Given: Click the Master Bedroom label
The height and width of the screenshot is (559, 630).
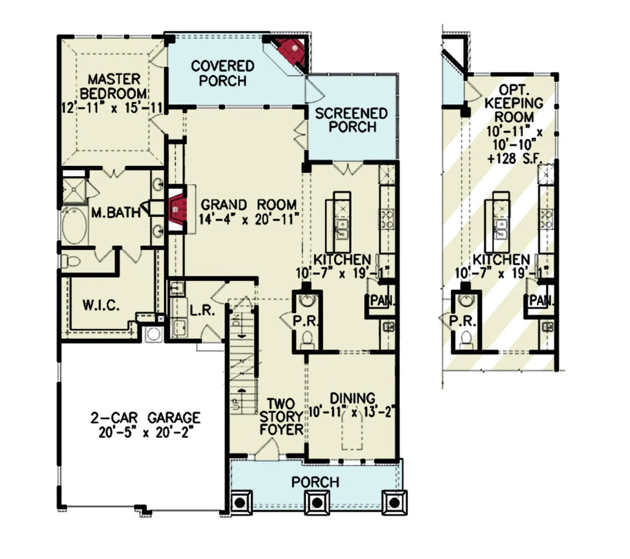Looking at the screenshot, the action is pos(114,86).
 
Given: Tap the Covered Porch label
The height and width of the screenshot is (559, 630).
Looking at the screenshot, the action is pos(223,73).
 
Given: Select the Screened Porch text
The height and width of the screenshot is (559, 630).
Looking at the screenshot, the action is pos(351,120).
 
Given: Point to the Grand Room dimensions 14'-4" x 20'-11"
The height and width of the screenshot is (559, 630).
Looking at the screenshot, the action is pos(250,220).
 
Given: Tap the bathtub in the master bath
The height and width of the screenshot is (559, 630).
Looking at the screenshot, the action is pos(74,226).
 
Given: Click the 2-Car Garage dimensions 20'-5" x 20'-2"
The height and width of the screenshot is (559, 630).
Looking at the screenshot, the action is pos(146,432).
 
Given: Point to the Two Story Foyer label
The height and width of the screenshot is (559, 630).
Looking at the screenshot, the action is pos(281,416).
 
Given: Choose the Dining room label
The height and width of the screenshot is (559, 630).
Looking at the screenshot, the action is pos(353,398).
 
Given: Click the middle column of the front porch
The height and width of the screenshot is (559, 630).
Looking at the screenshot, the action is pos(317,502).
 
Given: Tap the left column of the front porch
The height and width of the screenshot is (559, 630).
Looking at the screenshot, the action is pos(240,502).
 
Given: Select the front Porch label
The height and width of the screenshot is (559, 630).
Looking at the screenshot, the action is pos(316,482).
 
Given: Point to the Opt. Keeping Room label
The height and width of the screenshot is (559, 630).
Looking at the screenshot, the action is pos(514,103).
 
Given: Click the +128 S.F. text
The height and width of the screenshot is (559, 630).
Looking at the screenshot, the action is pos(515,158).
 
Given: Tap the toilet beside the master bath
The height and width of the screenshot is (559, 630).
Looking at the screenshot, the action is pos(71,261).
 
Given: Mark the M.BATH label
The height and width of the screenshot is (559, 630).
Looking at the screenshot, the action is pos(116,212).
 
